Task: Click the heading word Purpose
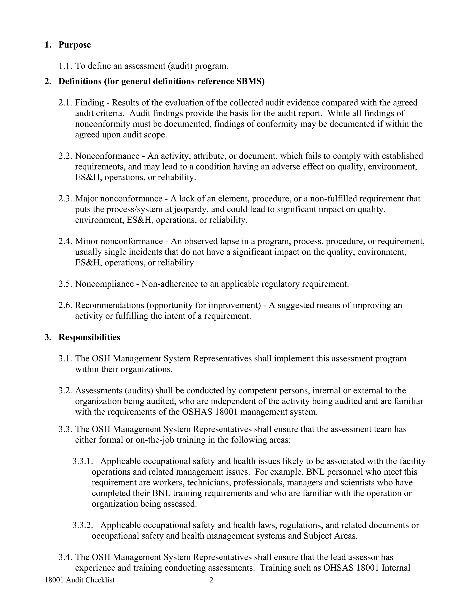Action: point(75,45)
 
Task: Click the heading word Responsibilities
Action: point(89,337)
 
